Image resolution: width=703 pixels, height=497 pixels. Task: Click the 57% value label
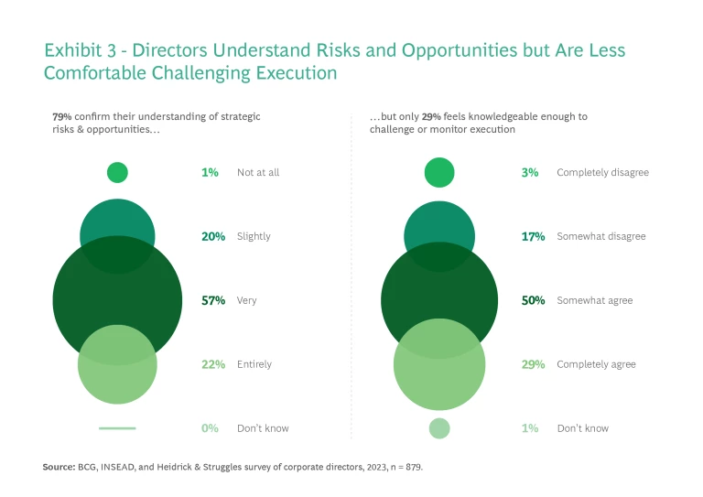click(212, 300)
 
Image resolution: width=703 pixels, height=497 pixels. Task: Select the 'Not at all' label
click(257, 172)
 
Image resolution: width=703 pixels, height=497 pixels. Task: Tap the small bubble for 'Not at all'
click(117, 172)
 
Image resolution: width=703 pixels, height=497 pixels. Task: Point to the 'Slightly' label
click(254, 236)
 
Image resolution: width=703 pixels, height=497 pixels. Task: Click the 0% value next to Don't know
click(210, 428)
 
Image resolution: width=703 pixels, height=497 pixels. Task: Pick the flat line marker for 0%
click(117, 427)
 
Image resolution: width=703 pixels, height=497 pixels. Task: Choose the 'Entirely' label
click(254, 364)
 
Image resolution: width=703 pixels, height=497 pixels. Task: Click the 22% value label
click(212, 364)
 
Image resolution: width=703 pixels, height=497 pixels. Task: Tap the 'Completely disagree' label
click(602, 172)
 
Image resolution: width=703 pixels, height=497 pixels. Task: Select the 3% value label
click(529, 172)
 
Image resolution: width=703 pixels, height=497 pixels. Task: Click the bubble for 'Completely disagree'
click(439, 172)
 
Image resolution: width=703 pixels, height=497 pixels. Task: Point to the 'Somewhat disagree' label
click(600, 236)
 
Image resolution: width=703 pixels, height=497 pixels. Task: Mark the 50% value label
click(533, 300)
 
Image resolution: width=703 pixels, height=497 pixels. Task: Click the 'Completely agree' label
click(596, 364)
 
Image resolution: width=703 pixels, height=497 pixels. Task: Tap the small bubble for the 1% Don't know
click(439, 428)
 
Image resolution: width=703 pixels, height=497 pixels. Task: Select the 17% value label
click(533, 236)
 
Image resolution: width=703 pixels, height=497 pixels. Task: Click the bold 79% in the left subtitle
click(62, 117)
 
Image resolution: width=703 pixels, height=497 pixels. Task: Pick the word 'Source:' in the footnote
click(59, 467)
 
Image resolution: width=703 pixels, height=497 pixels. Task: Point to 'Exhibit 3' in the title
click(81, 50)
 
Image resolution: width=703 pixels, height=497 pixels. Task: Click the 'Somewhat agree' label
click(594, 300)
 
